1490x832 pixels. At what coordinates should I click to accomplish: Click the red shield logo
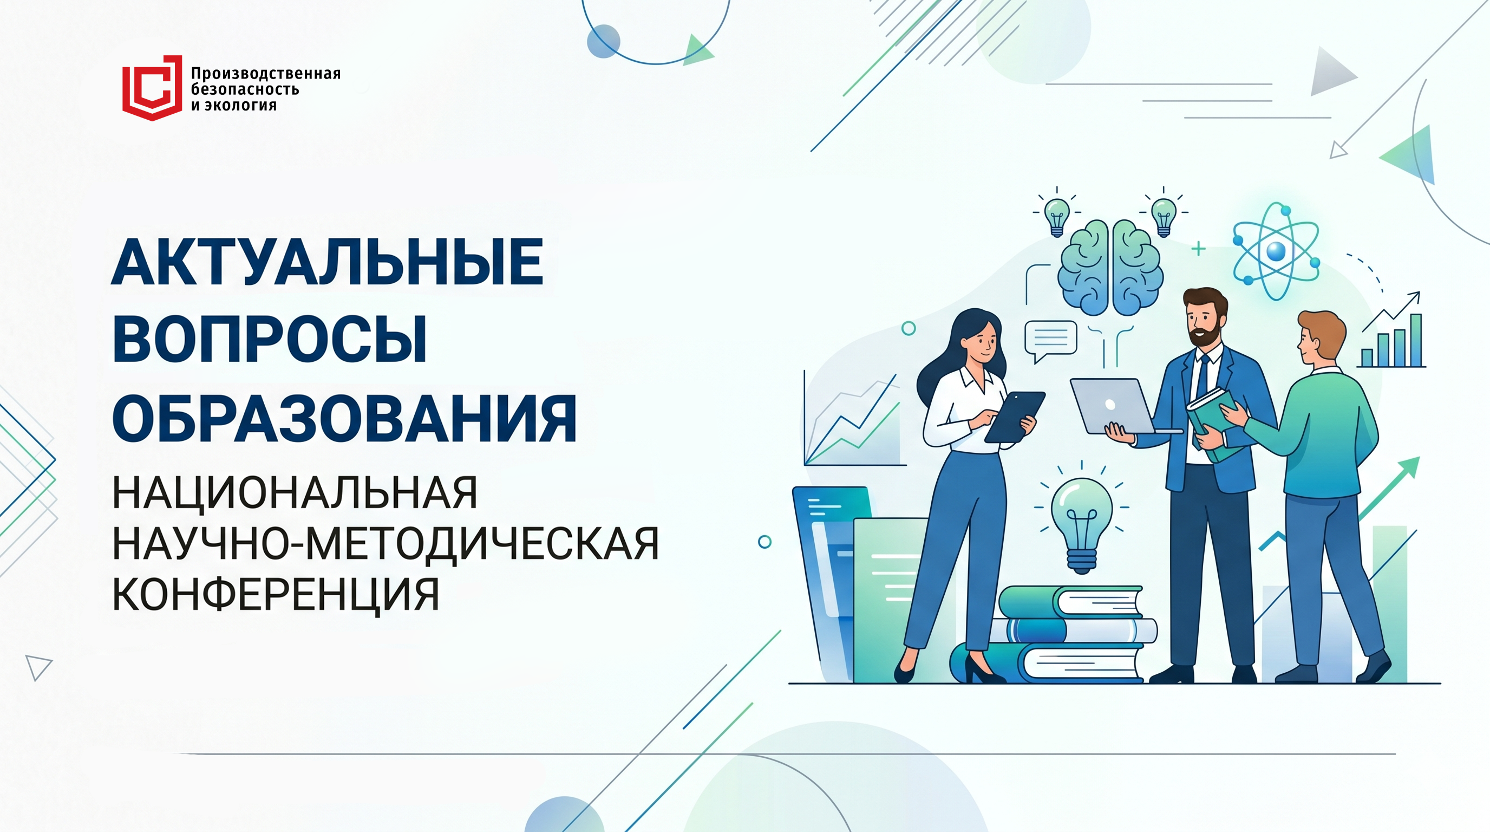(152, 88)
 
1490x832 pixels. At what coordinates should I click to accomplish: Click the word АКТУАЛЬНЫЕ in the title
(328, 262)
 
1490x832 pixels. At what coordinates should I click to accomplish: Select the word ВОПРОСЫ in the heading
(270, 340)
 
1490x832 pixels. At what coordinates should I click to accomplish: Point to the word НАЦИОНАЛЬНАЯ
(295, 493)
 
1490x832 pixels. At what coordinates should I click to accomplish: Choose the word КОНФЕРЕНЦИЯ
(276, 594)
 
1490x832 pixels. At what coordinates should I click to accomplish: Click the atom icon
(1276, 251)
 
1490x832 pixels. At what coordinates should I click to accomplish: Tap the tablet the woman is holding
(1015, 417)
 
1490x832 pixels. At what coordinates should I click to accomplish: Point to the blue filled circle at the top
(603, 41)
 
